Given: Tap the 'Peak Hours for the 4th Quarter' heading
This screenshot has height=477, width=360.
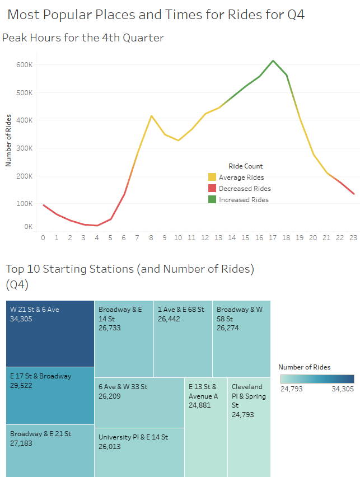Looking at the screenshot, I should (83, 38).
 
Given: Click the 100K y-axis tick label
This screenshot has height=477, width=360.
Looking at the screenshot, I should (25, 204).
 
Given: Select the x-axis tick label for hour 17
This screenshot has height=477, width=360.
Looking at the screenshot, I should (273, 238).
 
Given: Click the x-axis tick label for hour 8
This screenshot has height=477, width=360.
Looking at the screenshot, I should (151, 238).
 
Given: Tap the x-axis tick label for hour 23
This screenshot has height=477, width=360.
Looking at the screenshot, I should (354, 238).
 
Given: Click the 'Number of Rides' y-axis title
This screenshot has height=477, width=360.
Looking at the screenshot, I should (8, 145).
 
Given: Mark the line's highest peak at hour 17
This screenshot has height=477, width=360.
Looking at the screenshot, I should (273, 60).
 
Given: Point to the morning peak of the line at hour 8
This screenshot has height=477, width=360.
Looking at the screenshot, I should (151, 116).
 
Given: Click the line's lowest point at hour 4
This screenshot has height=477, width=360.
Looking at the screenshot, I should (97, 226).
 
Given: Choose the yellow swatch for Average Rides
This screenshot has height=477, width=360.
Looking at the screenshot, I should (212, 177).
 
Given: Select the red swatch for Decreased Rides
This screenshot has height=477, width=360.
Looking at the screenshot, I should (212, 189).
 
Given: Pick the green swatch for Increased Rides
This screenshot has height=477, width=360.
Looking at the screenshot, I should (212, 200).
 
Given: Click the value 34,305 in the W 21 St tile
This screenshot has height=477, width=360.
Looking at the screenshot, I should (22, 319).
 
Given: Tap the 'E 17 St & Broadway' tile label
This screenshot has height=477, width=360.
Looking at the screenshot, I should (40, 376).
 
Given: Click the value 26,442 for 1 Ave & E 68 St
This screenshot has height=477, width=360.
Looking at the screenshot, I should (170, 319).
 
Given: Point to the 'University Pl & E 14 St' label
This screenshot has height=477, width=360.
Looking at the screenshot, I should (133, 437).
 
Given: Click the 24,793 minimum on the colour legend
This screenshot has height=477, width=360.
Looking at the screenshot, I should (291, 389).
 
